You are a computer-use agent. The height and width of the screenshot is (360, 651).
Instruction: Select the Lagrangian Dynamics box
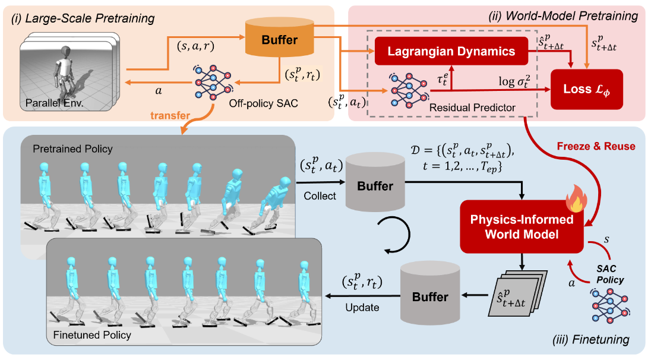tap(451, 52)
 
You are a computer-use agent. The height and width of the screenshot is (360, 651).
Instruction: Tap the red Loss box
tap(586, 89)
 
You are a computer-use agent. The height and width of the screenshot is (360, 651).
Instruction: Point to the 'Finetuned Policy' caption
tap(91, 335)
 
